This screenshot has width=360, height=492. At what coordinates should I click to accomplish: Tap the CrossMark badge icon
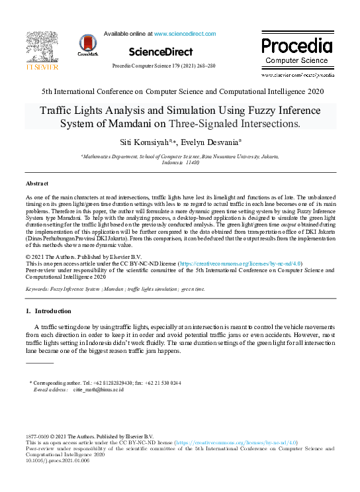click(x=88, y=44)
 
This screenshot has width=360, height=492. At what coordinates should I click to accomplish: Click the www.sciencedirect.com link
click(x=185, y=33)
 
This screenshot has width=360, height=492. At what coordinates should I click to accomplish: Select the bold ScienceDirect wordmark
click(x=161, y=52)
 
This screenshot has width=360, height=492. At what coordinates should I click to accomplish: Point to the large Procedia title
click(x=296, y=46)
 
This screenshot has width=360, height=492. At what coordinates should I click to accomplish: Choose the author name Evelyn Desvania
click(x=215, y=142)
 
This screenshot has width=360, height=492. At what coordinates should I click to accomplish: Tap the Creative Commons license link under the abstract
click(x=246, y=263)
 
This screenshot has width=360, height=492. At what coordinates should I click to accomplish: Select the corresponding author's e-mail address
click(x=98, y=390)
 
